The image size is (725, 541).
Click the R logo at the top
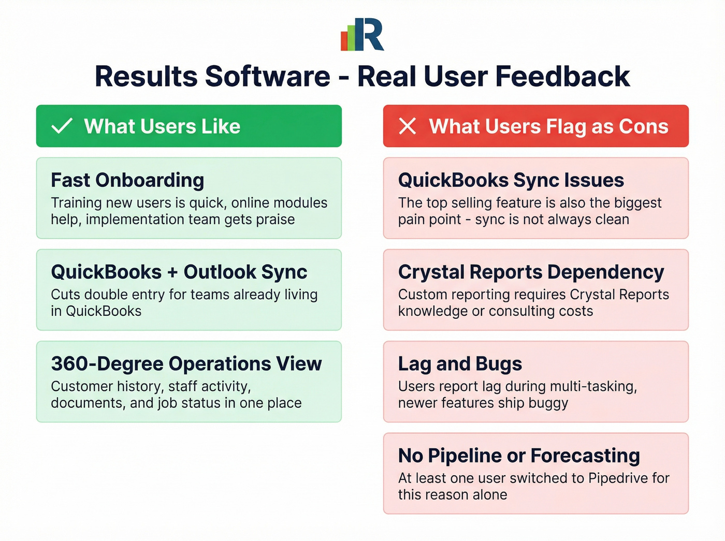point(363,35)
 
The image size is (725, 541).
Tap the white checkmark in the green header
point(62,126)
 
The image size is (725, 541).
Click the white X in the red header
point(408,126)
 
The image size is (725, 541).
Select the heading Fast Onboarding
point(127,180)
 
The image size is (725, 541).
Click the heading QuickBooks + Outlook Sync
point(179,272)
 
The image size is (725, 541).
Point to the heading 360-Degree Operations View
point(186,363)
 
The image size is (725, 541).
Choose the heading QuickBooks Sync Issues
point(511,180)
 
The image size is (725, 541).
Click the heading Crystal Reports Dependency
point(531,272)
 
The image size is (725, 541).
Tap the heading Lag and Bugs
point(460,363)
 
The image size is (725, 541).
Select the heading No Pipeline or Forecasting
point(519,456)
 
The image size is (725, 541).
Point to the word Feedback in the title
point(562,77)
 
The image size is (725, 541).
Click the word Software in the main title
point(267,77)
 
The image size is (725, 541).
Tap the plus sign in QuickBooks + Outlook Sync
point(172,272)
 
